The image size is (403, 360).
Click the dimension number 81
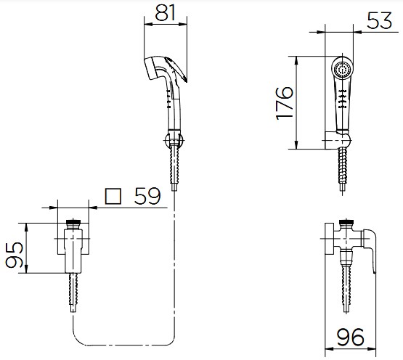[x=165, y=12]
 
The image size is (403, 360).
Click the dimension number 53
[x=379, y=20]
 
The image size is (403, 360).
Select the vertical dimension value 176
[x=285, y=104]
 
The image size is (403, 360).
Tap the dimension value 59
[x=147, y=196]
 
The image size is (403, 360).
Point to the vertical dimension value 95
[x=15, y=254]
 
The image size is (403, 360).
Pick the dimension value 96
[x=351, y=337]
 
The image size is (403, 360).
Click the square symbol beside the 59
[x=113, y=196]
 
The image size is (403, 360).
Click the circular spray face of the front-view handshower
[x=342, y=69]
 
